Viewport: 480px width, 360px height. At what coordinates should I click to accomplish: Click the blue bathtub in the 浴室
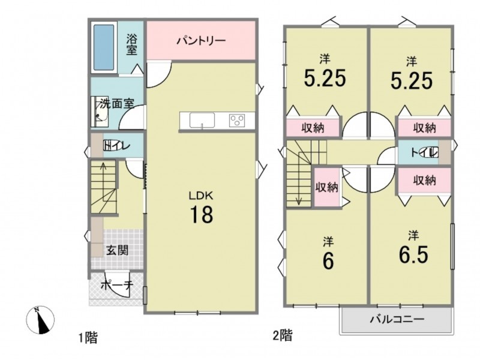104,47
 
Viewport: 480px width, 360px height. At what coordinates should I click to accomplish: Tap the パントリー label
201,40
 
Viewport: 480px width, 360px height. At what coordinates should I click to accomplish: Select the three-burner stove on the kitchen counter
237,120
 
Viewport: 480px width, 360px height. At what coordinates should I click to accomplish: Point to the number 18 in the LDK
202,214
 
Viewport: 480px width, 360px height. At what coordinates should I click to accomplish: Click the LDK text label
201,196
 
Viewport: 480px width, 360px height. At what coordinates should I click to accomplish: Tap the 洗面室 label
117,104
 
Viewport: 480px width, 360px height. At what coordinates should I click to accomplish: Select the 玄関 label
117,250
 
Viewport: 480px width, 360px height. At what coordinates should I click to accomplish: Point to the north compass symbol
40,320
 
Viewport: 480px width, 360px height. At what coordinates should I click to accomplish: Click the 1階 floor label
88,338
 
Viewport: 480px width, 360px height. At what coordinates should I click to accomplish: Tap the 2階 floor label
282,335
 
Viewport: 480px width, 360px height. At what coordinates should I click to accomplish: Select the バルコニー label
397,320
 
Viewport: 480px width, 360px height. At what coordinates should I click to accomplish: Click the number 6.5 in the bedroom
413,254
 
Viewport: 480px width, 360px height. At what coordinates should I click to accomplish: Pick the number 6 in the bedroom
328,261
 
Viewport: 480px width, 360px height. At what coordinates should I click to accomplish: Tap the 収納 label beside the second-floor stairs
327,187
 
